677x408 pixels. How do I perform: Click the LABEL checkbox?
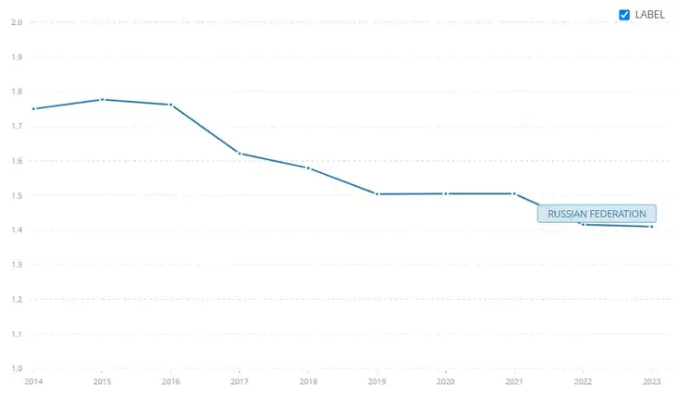pos(624,15)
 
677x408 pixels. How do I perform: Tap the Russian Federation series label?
pos(597,214)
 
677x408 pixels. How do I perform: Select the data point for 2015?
pos(102,99)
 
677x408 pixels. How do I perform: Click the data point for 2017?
pos(240,153)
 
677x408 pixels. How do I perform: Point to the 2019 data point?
pos(376,194)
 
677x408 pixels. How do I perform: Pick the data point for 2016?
pos(171,105)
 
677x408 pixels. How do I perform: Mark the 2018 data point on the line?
pos(308,167)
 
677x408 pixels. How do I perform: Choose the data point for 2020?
pos(445,193)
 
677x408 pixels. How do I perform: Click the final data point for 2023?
pos(651,227)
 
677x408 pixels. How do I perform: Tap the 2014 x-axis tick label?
pos(33,380)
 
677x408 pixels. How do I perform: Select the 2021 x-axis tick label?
pos(513,380)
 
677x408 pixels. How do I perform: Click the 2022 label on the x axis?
pos(583,380)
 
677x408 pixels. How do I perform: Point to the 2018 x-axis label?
pos(308,380)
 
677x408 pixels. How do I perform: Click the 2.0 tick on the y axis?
pos(16,22)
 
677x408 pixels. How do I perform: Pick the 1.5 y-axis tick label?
pos(16,195)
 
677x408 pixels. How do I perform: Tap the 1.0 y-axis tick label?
pos(16,368)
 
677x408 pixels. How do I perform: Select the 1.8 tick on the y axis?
pos(16,92)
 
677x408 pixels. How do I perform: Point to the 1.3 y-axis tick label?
pos(16,265)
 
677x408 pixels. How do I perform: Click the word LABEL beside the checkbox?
pos(649,15)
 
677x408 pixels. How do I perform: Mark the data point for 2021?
pos(513,193)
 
